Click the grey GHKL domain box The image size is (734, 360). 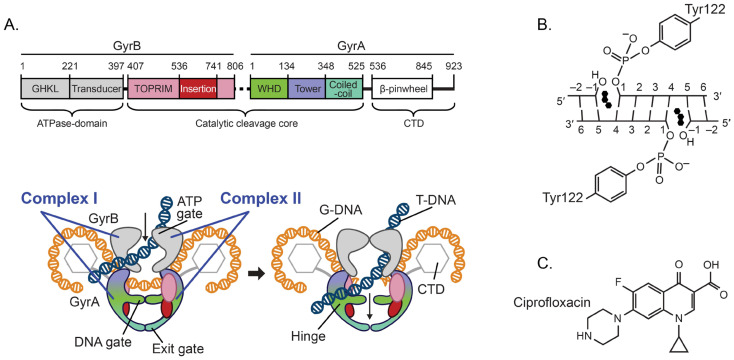45,88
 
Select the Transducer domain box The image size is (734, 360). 96,88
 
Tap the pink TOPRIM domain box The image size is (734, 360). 153,88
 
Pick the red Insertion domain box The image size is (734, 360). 198,88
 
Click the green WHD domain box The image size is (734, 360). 269,88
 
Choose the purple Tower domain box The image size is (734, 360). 307,88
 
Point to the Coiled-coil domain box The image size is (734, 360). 344,88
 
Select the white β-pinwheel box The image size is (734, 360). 402,88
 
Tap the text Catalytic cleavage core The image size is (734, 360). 245,125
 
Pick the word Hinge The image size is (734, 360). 302,335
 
